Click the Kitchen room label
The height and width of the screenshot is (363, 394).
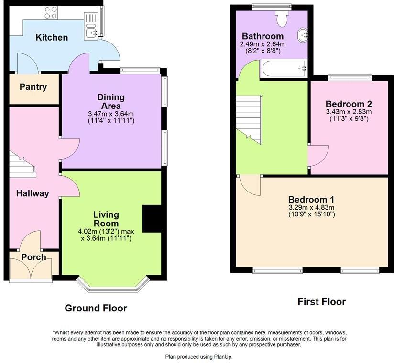[52, 37]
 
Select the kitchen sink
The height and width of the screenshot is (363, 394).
[91, 33]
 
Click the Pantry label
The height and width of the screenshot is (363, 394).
[33, 87]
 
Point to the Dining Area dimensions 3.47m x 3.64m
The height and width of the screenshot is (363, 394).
[111, 115]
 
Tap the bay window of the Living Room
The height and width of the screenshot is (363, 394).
[113, 286]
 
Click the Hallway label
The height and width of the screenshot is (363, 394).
[33, 193]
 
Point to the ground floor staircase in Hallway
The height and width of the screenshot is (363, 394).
[22, 167]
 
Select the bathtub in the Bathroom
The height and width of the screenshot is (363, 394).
[284, 69]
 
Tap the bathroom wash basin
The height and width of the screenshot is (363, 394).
[303, 35]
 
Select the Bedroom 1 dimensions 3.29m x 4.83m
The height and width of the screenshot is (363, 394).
[311, 211]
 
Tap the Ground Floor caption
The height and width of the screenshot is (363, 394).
[96, 308]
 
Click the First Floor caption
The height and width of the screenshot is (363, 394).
[321, 302]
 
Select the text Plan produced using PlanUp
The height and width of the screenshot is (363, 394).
[198, 357]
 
